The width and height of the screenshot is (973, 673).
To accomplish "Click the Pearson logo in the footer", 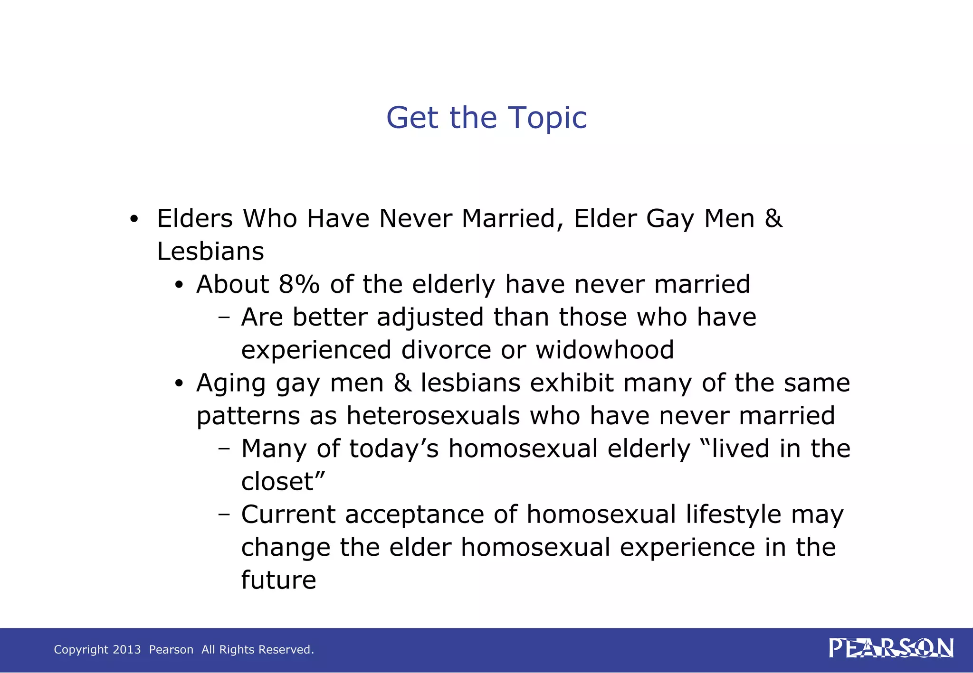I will point(891,648).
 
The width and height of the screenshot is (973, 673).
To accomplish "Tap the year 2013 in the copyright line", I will point(126,649).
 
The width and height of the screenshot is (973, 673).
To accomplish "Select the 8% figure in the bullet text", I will point(299,284).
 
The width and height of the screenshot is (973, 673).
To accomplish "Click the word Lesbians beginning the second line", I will point(210,252).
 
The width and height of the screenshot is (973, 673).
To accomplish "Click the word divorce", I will point(446,350).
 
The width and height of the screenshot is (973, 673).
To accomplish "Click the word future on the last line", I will point(278,580).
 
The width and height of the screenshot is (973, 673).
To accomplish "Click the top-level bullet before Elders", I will point(134,220).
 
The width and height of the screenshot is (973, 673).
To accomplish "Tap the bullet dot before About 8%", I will point(179,286).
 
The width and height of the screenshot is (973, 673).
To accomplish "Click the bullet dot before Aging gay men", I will point(179,384).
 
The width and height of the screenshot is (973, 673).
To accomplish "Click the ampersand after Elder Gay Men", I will point(773,219).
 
